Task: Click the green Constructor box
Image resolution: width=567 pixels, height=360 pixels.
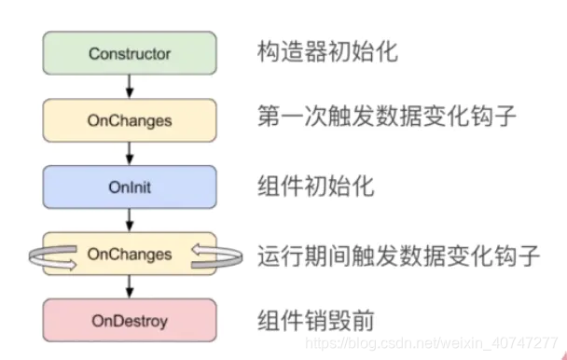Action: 129,53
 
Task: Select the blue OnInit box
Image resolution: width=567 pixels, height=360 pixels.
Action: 129,187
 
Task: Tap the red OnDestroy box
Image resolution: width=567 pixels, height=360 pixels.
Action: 129,322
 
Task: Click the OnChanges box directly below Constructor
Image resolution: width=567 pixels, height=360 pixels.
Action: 129,120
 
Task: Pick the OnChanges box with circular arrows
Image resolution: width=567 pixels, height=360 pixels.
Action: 129,254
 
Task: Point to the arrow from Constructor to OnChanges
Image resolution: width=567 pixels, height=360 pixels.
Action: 129,87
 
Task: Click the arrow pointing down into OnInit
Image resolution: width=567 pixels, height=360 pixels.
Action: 129,154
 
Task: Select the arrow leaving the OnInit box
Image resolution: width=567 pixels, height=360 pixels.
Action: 129,220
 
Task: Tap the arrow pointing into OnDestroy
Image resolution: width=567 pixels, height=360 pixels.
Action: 129,288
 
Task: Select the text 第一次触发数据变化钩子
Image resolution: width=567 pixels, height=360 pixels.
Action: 385,119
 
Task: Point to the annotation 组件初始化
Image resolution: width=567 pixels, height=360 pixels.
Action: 315,187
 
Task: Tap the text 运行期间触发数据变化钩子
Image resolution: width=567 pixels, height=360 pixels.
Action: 398,255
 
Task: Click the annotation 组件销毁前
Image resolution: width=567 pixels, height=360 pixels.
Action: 315,322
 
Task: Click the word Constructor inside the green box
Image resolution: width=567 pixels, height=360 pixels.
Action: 129,53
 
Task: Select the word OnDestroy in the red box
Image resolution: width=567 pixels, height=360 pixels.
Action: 129,322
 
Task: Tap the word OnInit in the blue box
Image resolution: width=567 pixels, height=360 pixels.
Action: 129,187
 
